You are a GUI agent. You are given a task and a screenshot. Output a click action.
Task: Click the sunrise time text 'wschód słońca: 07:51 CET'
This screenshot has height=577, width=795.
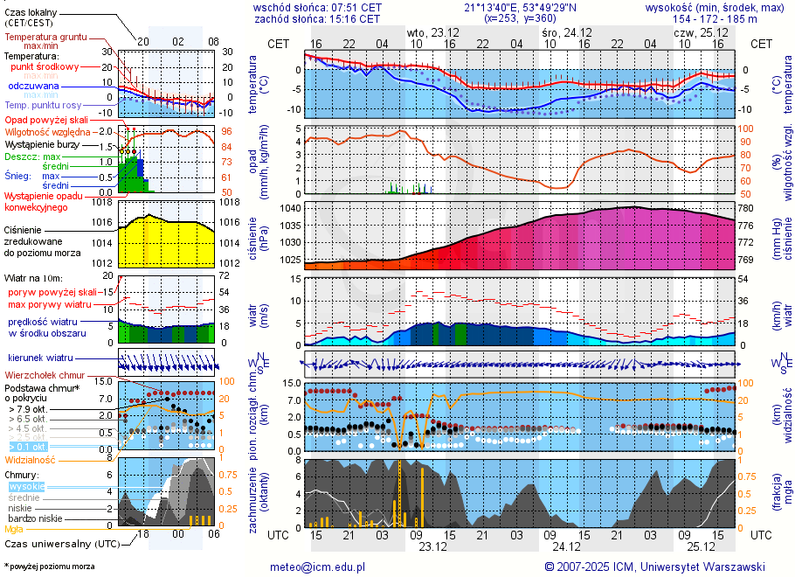[316, 7]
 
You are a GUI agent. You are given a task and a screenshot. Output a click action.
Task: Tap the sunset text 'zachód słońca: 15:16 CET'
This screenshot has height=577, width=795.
[316, 18]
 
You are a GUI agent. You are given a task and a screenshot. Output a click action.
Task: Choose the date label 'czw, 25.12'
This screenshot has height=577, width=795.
[695, 32]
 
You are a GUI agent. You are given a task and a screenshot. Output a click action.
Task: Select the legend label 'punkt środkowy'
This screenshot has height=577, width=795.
[45, 66]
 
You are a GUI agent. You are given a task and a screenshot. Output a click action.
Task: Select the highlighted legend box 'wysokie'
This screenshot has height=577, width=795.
[27, 486]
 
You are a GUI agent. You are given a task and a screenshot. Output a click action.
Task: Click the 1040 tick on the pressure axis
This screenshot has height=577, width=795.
[289, 208]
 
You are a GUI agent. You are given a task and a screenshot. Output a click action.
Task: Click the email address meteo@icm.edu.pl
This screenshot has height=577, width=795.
[317, 567]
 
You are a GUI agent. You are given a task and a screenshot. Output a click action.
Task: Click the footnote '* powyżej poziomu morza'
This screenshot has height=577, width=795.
[49, 567]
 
